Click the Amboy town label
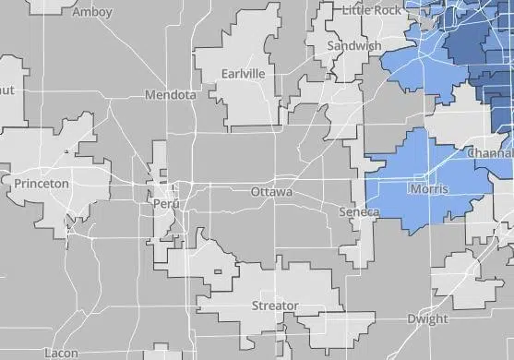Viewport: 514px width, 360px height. pyautogui.click(x=92, y=12)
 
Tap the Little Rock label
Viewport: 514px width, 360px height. pyautogui.click(x=372, y=9)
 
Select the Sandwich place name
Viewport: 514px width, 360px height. pyautogui.click(x=355, y=46)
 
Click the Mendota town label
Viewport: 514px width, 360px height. pyautogui.click(x=170, y=95)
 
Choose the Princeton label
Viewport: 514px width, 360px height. pyautogui.click(x=42, y=184)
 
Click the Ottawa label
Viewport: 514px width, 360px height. pyautogui.click(x=271, y=192)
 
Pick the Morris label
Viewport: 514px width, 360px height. pyautogui.click(x=428, y=189)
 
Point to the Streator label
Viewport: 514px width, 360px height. pyautogui.click(x=275, y=306)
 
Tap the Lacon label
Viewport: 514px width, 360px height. pyautogui.click(x=61, y=353)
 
